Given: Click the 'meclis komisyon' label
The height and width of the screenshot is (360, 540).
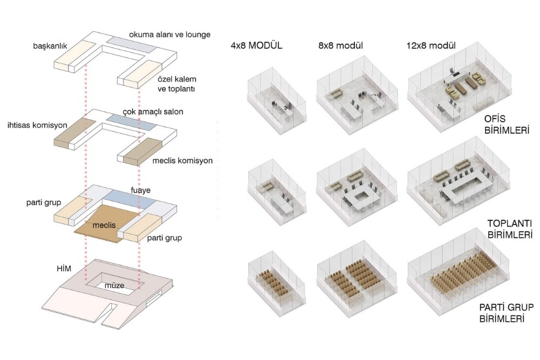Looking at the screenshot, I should coord(183,160).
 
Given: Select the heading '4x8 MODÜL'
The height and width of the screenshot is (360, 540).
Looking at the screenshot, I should coord(256,45).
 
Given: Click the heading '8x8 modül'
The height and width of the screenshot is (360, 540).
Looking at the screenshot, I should coord(342,45).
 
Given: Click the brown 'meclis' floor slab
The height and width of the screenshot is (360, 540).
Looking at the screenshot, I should coord(105,224).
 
